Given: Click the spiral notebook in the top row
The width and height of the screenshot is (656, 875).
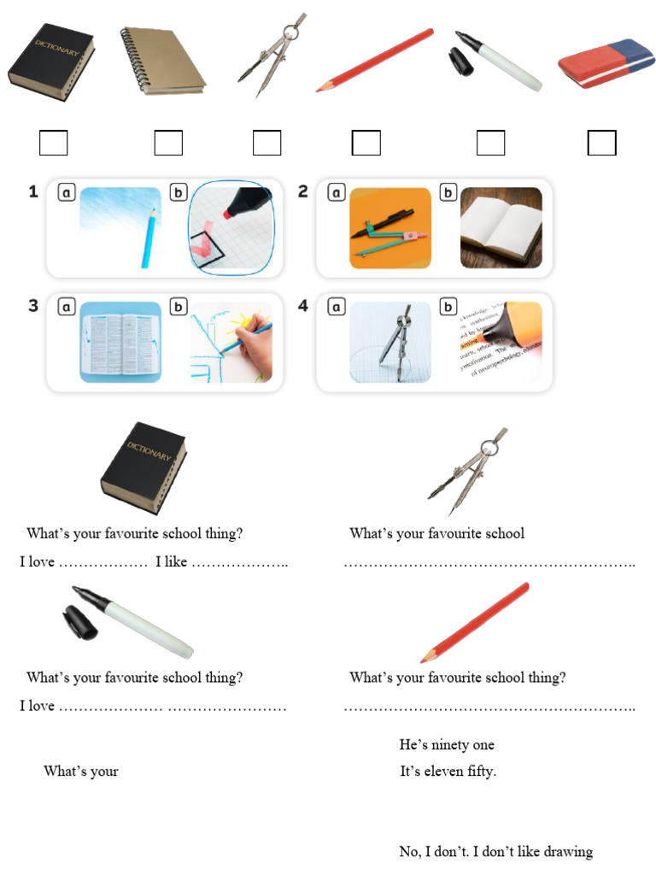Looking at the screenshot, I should (162, 62).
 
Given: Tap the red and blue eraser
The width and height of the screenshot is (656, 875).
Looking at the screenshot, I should (606, 64).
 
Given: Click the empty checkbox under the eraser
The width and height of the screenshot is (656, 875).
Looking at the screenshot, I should (601, 143).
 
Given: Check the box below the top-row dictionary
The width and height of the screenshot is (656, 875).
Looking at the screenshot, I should (53, 143).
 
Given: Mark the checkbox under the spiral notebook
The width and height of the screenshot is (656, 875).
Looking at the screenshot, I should (168, 143).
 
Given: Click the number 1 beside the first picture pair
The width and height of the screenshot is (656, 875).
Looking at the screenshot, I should (33, 192).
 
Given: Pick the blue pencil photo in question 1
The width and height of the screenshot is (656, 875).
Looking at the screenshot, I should (120, 227).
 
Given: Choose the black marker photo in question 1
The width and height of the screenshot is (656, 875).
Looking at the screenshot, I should (231, 227).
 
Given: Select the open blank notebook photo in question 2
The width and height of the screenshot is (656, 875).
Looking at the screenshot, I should (501, 227).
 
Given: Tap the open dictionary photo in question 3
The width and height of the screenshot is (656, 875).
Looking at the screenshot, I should (120, 342).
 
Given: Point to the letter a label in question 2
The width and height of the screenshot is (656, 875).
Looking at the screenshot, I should (335, 193).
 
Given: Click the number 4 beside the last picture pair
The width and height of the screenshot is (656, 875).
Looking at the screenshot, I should (303, 305).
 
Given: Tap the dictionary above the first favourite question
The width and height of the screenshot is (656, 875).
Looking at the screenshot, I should (143, 467).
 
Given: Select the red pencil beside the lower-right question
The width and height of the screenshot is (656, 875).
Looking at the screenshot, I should (475, 622).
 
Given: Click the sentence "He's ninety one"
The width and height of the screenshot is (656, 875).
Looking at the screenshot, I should (447, 745).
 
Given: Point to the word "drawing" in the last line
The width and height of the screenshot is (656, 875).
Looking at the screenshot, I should (568, 852).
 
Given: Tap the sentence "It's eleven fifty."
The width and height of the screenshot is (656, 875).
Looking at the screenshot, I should (448, 772).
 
